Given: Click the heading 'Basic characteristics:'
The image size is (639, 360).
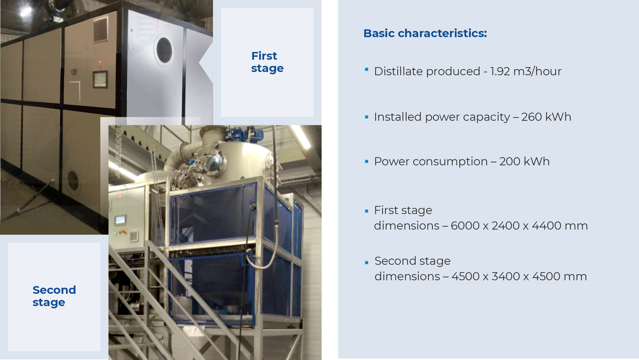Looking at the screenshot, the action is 425,33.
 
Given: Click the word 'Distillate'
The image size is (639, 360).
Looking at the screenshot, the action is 395,71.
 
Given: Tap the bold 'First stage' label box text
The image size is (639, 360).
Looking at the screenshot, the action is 267,62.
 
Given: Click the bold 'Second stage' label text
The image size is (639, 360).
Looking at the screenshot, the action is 54,296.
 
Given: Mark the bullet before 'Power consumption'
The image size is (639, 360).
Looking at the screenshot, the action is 366,161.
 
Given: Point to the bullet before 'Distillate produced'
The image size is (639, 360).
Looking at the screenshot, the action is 366,69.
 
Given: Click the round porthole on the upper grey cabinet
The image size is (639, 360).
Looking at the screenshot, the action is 164,50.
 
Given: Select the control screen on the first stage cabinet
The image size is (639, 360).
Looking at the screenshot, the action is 100,79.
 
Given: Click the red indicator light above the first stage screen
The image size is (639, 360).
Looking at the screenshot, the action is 100,62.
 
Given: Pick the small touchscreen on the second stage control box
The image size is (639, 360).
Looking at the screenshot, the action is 120,220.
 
